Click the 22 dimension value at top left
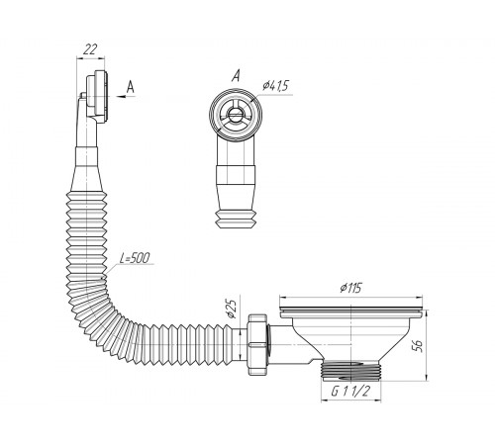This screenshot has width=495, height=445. point(90,49)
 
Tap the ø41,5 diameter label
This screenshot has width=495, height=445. point(275,85)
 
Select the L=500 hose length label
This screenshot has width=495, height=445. point(134,258)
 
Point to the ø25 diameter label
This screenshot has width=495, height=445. point(233,309)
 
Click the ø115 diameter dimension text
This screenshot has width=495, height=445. point(350,288)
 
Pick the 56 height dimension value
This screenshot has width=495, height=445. point(418,345)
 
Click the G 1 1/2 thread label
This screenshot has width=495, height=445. point(350,392)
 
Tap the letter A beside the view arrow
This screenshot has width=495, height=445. point(131,87)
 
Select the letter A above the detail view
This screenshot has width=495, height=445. point(236,76)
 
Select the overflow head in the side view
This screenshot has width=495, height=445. point(97,97)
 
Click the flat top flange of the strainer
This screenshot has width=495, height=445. point(351,312)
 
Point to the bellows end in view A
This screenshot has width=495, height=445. point(236,219)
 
